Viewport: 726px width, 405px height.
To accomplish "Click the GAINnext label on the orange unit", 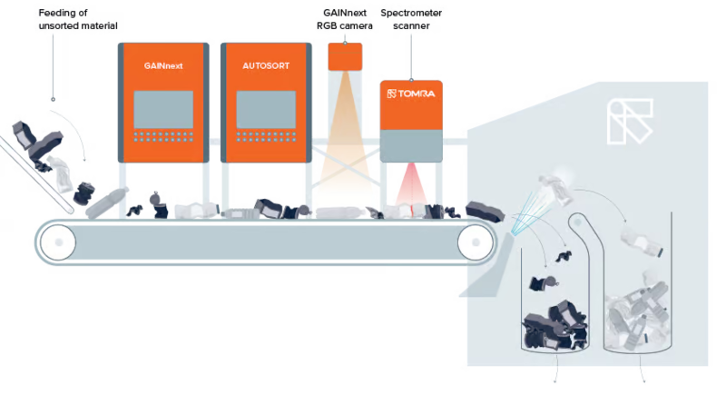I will [x=162, y=66].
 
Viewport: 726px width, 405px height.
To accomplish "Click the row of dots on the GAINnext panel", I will [x=163, y=138].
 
